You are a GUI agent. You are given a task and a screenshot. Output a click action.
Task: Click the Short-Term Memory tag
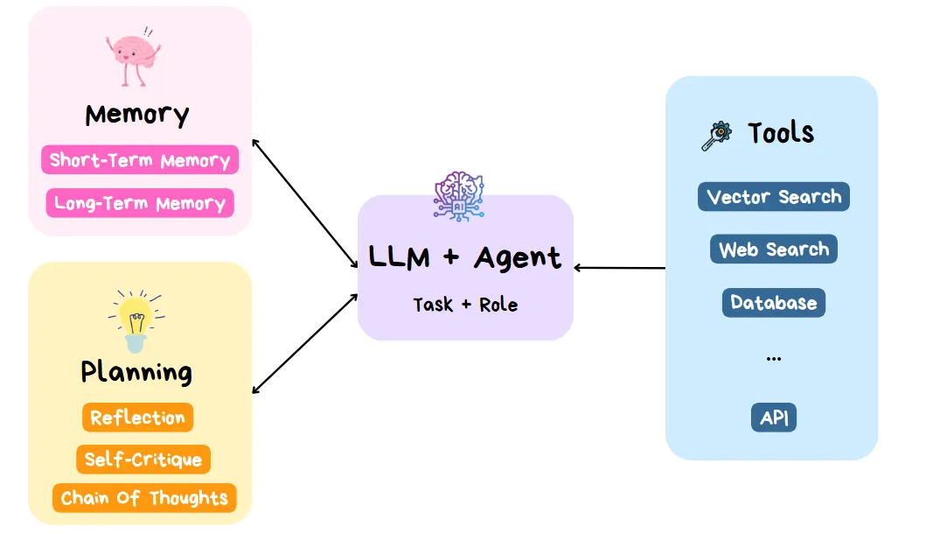140,160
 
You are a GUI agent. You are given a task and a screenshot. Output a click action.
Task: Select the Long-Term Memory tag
140,203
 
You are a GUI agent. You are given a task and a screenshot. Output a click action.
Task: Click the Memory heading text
137,115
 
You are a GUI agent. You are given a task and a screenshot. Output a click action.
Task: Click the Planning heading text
136,371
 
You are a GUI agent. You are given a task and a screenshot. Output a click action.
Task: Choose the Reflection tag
137,418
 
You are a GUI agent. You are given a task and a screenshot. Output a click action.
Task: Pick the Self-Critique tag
143,460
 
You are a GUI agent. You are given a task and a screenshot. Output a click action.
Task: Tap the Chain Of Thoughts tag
144,498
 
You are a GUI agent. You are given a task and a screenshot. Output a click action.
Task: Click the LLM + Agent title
464,257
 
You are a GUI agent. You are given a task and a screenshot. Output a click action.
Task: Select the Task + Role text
465,305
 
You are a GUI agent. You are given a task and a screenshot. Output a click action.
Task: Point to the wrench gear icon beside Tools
717,136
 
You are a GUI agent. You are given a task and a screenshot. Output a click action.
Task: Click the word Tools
781,133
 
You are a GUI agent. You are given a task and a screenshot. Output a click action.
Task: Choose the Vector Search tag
774,197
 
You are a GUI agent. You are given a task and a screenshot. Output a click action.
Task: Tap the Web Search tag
774,249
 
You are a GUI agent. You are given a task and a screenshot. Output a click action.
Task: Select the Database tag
774,303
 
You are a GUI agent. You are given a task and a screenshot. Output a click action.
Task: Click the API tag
774,418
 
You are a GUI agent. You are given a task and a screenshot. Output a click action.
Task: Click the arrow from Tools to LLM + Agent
621,268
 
